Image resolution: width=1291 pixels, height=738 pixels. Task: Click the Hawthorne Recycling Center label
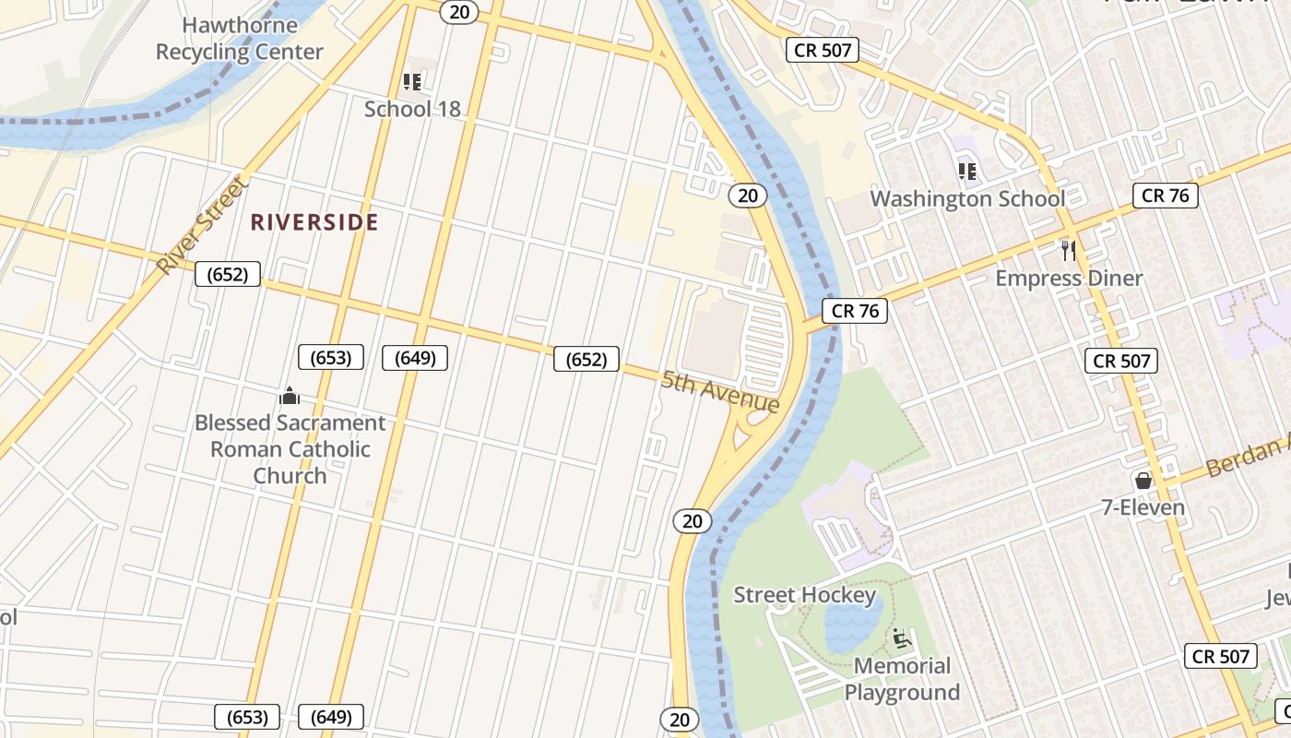point(239,39)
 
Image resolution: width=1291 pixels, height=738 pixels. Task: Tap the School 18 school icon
point(412,82)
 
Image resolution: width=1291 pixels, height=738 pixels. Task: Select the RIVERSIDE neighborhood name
point(314,222)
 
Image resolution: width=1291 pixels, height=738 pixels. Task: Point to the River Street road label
point(203,227)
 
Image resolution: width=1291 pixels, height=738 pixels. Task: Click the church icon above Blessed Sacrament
point(290,396)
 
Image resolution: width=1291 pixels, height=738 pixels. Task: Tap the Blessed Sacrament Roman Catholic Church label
point(290,449)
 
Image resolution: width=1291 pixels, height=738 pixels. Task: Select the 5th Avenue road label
point(720,392)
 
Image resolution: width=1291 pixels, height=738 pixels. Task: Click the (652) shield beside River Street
point(228,274)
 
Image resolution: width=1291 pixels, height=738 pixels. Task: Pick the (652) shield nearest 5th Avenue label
point(586,360)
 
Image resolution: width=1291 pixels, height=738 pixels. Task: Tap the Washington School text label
point(967,199)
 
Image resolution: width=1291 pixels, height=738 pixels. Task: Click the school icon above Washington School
point(966,172)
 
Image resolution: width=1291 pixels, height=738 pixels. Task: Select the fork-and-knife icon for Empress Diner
point(1069,250)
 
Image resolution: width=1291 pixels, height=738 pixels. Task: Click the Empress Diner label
point(1069,279)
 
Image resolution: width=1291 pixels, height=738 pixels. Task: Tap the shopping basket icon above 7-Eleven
point(1143,481)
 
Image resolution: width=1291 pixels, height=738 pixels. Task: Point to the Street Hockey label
point(804,596)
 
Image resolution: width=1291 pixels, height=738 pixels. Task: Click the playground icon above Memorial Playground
point(901,638)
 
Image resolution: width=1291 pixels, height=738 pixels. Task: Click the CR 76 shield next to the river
point(855,311)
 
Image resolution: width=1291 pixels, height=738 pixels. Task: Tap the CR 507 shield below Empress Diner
point(1121,361)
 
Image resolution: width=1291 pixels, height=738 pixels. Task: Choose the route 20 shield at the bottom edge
point(680,719)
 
